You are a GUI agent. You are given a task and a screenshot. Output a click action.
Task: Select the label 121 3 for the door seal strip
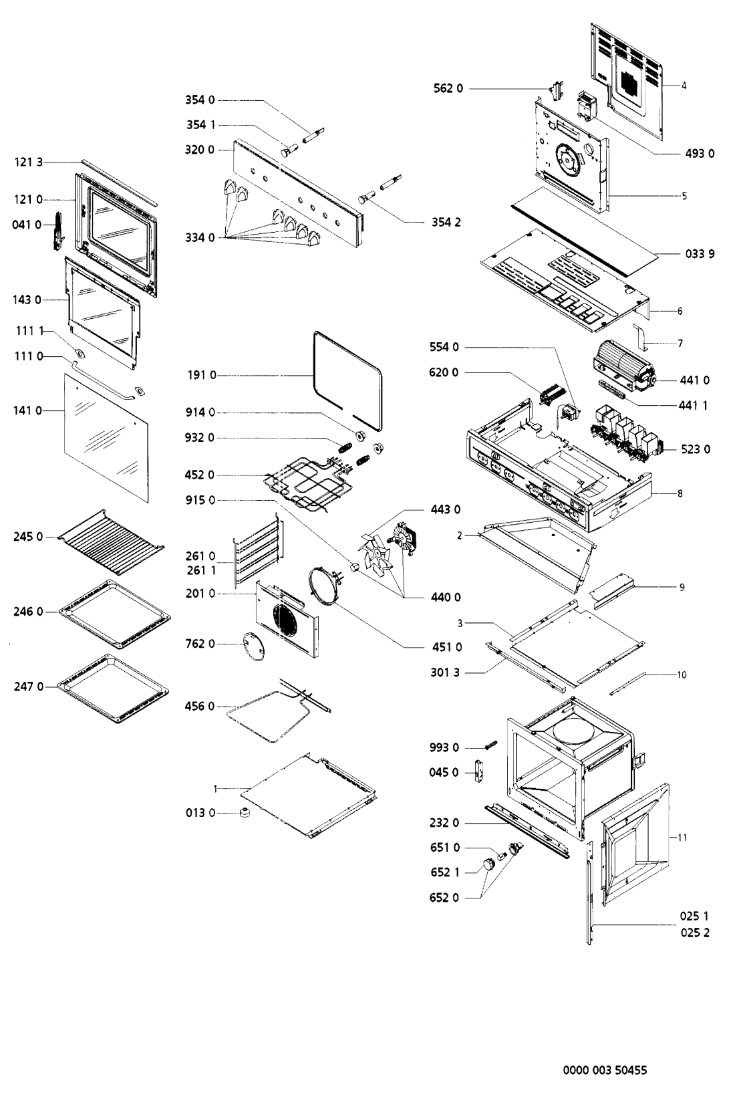click(x=29, y=162)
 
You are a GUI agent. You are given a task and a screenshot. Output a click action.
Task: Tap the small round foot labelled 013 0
click(x=245, y=813)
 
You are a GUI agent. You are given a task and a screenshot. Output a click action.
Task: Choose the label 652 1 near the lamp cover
click(x=444, y=872)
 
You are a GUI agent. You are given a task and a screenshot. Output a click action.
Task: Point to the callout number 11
click(x=682, y=837)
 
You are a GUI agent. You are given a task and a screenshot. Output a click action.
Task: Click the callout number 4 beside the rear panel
click(x=684, y=86)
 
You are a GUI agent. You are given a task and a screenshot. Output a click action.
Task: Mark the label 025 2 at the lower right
click(x=695, y=933)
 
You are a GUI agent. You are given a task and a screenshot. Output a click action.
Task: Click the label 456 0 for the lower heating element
click(x=200, y=706)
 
